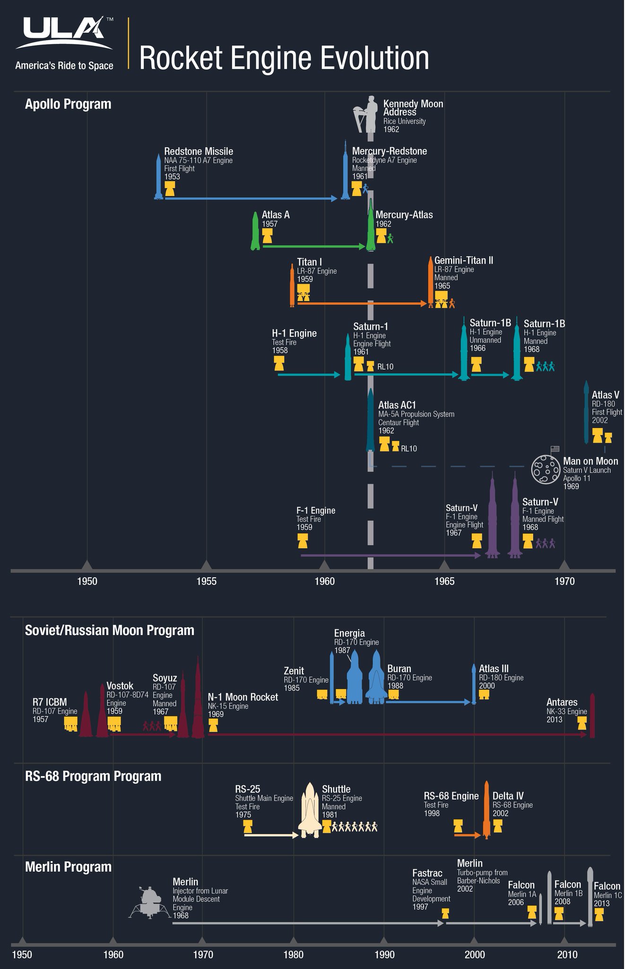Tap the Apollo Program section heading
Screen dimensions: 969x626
coord(68,104)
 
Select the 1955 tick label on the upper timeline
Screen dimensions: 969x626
coord(206,581)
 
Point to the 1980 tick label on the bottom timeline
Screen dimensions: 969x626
coord(293,954)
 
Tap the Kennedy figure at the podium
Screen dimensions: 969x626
coord(366,114)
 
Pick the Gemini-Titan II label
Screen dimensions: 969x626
coord(463,260)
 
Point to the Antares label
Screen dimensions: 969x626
coord(562,702)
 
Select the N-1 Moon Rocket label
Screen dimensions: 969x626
coord(243,697)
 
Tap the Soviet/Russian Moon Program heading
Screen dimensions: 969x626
coord(109,630)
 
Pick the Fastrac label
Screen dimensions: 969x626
coord(427,873)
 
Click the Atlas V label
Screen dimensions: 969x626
coord(605,395)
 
